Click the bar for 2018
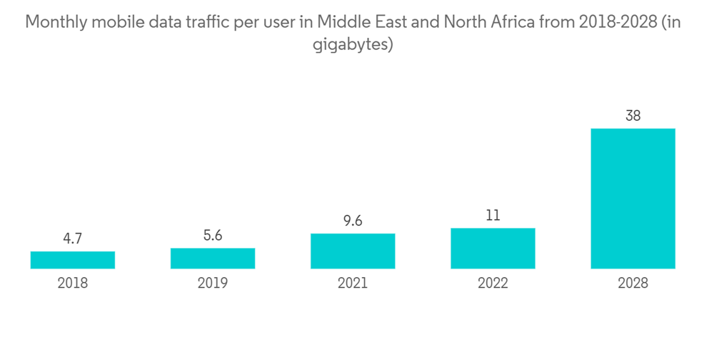coord(73,260)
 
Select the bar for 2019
coord(213,259)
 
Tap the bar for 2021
coord(353,251)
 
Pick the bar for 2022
coord(493,249)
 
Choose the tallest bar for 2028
coord(633,199)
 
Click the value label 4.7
coord(73,239)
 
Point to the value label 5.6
coord(213,236)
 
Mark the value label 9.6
coord(353,221)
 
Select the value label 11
coord(493,216)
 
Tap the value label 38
coord(633,116)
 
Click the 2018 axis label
coord(73,284)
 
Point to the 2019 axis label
coord(213,284)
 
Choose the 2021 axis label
coord(353,284)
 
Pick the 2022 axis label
coord(493,284)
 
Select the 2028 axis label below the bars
coord(633,284)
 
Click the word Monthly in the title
coord(54,23)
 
